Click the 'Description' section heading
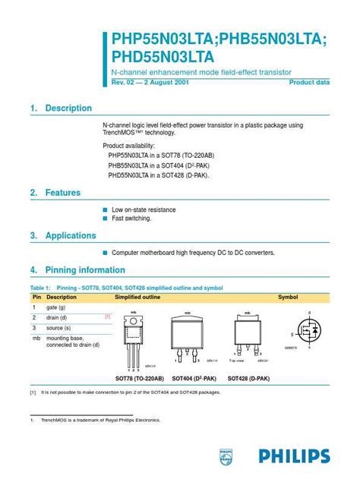click(68, 109)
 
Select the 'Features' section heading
click(63, 193)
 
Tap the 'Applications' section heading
click(71, 235)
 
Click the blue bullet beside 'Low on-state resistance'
click(105, 210)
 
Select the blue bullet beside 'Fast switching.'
click(105, 218)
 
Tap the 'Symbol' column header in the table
click(288, 297)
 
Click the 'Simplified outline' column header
click(137, 297)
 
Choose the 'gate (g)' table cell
click(56, 307)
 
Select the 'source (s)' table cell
click(58, 327)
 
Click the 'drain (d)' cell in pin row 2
click(57, 317)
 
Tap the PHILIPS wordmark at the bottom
click(294, 456)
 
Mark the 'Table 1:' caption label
click(39, 288)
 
